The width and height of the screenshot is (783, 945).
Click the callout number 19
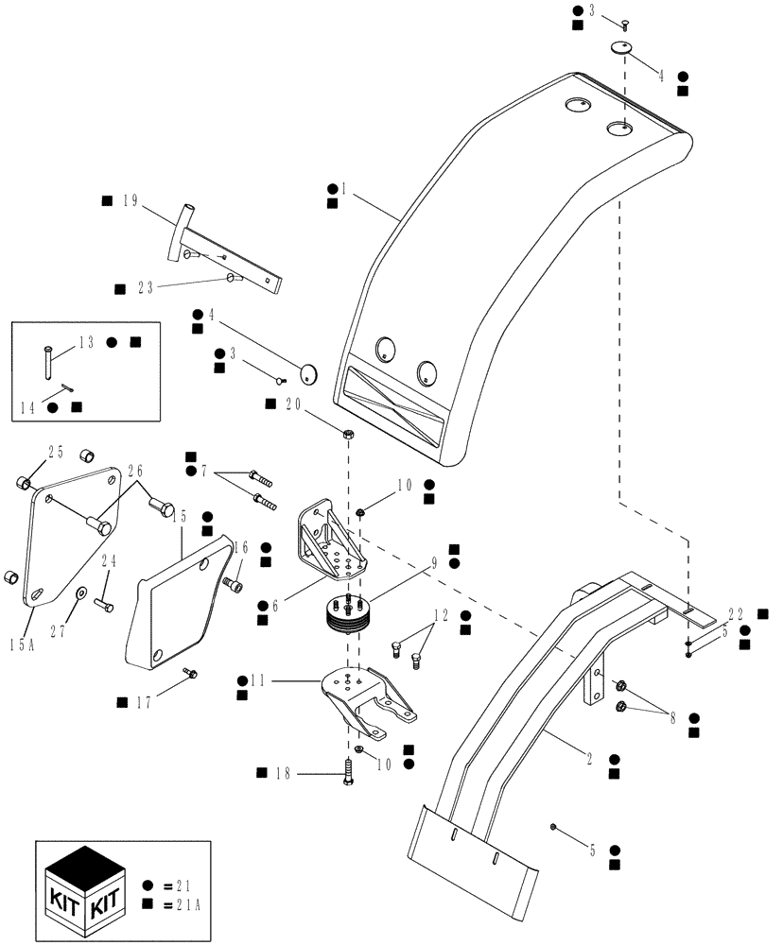[130, 200]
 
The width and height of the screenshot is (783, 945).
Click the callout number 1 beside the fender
[344, 189]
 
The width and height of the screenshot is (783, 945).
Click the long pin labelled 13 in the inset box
[46, 359]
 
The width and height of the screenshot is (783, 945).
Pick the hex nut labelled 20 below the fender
[348, 435]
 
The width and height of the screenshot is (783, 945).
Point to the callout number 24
[108, 562]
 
